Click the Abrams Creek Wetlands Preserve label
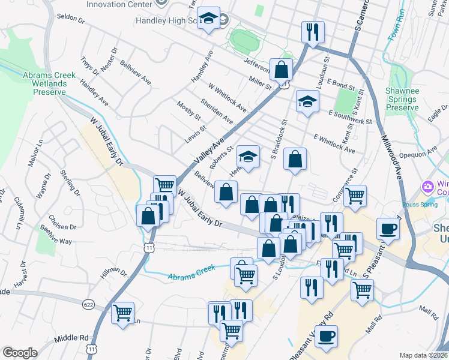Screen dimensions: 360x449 [49, 83]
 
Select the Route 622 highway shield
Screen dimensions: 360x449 [89, 305]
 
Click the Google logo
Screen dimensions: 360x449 [20, 353]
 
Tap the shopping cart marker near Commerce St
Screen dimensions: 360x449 [355, 194]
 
